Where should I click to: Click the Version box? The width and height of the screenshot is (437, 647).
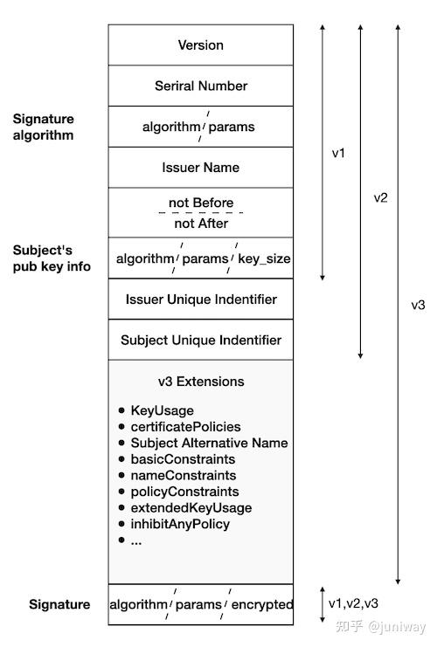click(x=200, y=45)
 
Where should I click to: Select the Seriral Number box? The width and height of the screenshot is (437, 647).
click(x=200, y=86)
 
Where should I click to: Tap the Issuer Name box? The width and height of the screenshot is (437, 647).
click(x=200, y=168)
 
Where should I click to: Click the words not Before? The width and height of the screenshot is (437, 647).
click(x=200, y=203)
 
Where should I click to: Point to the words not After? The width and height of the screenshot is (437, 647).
click(x=200, y=224)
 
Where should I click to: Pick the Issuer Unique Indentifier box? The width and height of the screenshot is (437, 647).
click(x=200, y=299)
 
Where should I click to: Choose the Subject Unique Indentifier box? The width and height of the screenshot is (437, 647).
click(x=200, y=341)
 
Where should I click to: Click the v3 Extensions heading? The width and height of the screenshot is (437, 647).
click(x=200, y=382)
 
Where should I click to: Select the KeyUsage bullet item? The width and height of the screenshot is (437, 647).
click(x=162, y=410)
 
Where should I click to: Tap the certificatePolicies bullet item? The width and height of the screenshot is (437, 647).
click(x=185, y=426)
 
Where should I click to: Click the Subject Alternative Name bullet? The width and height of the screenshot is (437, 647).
click(x=209, y=443)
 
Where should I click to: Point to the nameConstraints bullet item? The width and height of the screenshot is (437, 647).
click(x=183, y=476)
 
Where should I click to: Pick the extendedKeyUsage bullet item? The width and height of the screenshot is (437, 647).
click(x=191, y=508)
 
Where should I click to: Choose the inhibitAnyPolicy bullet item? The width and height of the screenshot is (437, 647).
click(x=180, y=524)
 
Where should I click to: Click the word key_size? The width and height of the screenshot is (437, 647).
click(x=264, y=259)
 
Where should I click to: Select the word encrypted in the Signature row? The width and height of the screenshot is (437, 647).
click(x=262, y=604)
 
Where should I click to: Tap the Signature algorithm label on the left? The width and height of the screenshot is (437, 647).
click(x=43, y=127)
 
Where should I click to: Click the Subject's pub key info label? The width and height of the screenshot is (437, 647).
click(x=51, y=258)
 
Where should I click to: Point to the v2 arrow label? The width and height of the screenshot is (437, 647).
click(x=380, y=197)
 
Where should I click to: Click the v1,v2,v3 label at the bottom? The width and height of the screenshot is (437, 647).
click(x=354, y=603)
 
